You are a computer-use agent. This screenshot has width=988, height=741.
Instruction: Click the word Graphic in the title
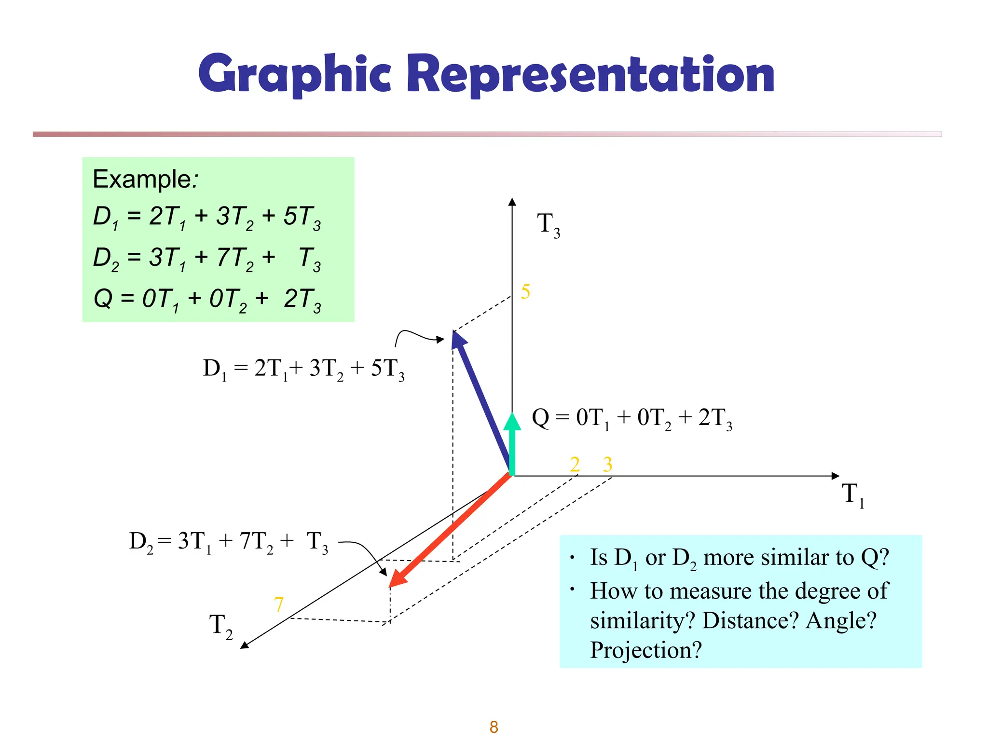click(x=294, y=75)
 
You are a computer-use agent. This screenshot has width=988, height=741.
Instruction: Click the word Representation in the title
click(x=590, y=75)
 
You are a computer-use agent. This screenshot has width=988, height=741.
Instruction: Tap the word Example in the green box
click(x=142, y=179)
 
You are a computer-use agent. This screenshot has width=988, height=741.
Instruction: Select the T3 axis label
click(x=548, y=225)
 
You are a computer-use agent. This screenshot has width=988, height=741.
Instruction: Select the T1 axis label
click(x=852, y=495)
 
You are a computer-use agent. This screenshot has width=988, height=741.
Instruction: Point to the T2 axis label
click(x=220, y=626)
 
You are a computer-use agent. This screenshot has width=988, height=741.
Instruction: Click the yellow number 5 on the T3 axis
click(x=525, y=292)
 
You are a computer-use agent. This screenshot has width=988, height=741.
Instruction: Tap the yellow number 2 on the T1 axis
click(x=575, y=465)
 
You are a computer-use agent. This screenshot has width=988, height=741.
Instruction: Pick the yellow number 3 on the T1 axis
click(x=607, y=465)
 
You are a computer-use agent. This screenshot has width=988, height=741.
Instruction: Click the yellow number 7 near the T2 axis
click(x=278, y=604)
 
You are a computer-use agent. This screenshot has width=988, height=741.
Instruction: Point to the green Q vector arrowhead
click(x=512, y=421)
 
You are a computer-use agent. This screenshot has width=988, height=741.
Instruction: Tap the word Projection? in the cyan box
click(x=645, y=650)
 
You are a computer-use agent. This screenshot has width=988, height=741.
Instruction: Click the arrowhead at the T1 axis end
click(x=836, y=476)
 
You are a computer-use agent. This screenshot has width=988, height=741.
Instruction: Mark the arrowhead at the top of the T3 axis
click(x=512, y=202)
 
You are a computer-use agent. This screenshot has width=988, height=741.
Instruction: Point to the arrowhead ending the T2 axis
click(x=244, y=645)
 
